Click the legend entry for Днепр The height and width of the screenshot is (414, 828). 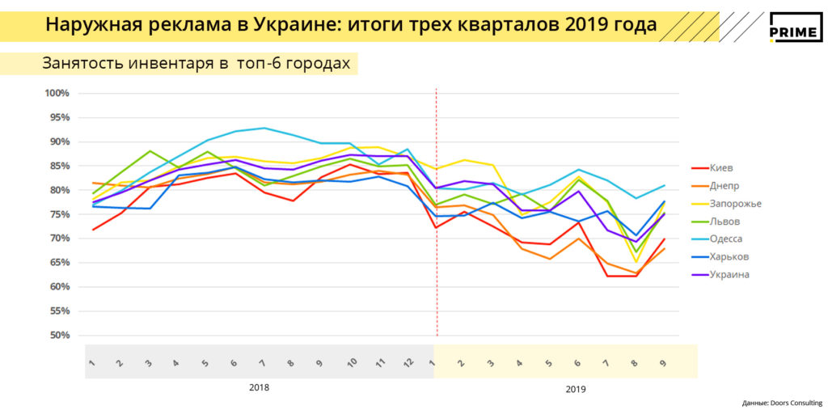coord(724,186)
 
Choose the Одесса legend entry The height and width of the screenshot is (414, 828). coord(725,239)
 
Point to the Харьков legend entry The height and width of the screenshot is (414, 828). coord(729,257)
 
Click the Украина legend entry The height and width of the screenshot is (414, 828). coord(729,275)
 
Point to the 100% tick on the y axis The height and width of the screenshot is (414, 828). coord(57,93)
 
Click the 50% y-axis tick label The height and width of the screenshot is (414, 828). coord(59,336)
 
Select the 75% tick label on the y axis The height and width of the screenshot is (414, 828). coord(59,214)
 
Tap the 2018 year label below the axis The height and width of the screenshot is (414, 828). coord(259,387)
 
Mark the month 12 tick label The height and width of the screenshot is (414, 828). coord(408,363)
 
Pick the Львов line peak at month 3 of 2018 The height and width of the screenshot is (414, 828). coord(150,151)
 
